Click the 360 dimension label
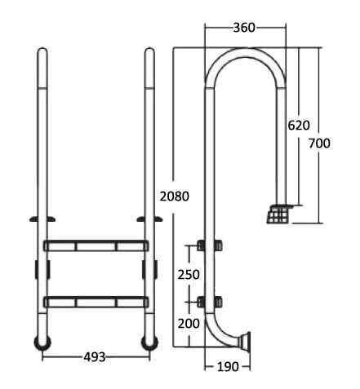[244, 28]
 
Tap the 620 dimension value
[299, 126]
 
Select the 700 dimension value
[319, 144]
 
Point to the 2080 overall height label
[175, 197]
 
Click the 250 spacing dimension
[189, 275]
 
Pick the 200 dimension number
[189, 324]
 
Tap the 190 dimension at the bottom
[228, 367]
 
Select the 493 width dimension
[95, 357]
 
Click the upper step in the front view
[96, 245]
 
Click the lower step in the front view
[96, 302]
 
